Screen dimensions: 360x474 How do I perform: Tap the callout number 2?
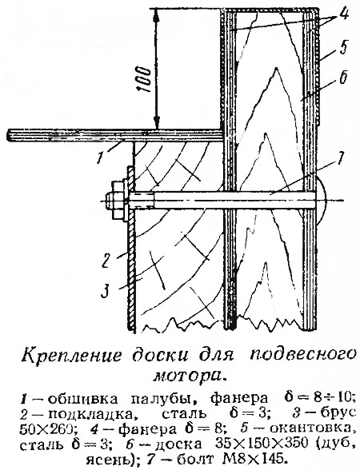coord(105,261)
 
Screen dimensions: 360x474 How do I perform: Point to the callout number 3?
coord(105,292)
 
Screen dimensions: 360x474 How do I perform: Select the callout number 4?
coord(344,14)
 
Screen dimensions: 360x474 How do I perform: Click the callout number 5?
coord(343,48)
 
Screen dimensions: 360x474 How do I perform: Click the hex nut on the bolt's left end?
coord(116,200)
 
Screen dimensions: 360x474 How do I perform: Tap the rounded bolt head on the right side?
coord(321,200)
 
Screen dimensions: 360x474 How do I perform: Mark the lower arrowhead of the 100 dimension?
coord(156,123)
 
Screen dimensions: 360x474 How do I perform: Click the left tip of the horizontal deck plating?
coord(7,135)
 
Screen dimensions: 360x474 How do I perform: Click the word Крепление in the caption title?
coord(71,356)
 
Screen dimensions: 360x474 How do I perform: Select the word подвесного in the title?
coord(303,355)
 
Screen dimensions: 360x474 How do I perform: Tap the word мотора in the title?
coord(190,375)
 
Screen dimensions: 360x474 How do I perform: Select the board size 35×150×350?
coord(262,444)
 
